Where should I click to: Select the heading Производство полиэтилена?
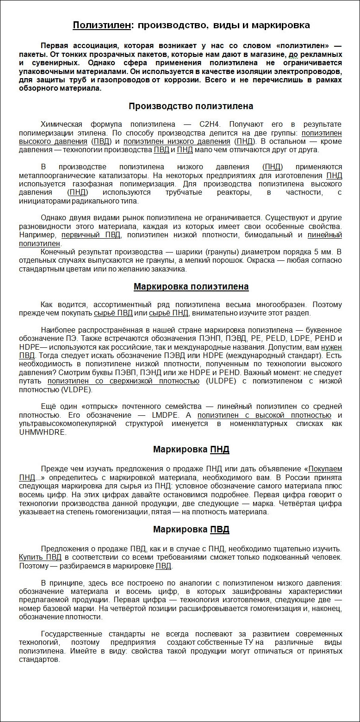(x=191, y=106)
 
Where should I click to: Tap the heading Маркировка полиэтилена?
(x=191, y=287)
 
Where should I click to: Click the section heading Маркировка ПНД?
(x=191, y=450)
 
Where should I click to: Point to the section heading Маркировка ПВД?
(x=191, y=530)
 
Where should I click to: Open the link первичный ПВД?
(x=91, y=235)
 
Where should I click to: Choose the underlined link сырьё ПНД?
(x=168, y=313)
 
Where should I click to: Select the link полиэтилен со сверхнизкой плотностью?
(x=123, y=381)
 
